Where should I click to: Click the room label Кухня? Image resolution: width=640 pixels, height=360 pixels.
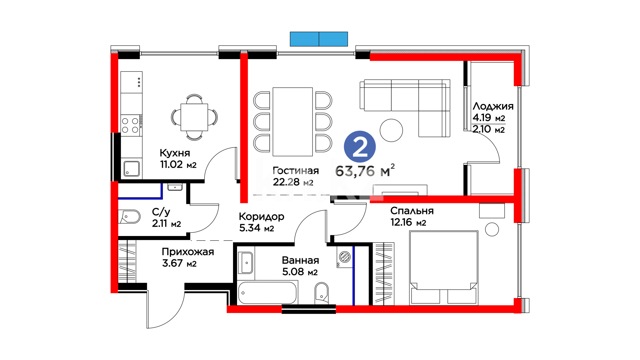[175, 153]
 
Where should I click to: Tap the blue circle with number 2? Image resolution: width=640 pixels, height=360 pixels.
[360, 147]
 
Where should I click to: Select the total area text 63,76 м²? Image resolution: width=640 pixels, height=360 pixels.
[365, 171]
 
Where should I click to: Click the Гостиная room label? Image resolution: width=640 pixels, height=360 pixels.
[296, 171]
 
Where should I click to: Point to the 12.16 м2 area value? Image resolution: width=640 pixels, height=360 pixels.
[408, 222]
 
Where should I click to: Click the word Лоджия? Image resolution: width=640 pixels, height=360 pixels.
[493, 106]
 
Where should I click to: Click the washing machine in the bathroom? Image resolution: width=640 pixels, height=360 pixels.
[345, 257]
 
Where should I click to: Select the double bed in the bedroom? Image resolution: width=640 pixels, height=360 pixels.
[444, 268]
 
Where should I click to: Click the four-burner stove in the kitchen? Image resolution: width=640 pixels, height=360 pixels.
[130, 125]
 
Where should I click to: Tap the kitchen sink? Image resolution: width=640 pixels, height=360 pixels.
[132, 169]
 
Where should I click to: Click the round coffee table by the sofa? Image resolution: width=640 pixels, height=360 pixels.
[391, 130]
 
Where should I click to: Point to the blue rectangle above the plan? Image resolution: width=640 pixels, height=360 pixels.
[319, 39]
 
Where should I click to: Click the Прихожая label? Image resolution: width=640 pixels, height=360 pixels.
[188, 252]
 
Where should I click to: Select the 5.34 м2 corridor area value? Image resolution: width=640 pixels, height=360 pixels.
[256, 228]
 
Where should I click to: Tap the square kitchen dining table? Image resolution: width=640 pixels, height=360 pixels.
[194, 117]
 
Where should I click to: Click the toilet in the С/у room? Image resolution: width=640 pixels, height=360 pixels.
[129, 217]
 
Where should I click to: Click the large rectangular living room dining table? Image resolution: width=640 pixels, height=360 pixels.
[293, 122]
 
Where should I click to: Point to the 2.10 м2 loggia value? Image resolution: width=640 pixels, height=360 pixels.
[489, 129]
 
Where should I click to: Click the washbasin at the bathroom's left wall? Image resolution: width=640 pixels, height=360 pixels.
[246, 263]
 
